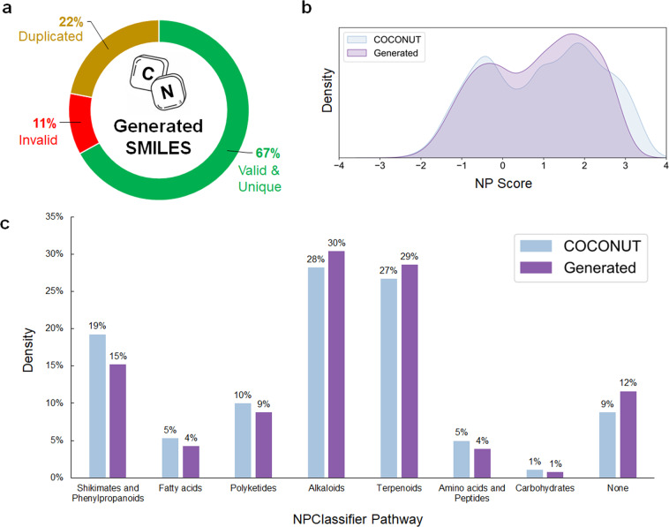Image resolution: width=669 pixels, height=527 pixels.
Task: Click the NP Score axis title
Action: point(500,187)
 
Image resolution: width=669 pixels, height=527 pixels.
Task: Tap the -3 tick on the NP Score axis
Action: point(378,166)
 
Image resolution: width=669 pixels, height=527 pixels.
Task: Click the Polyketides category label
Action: point(244,486)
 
